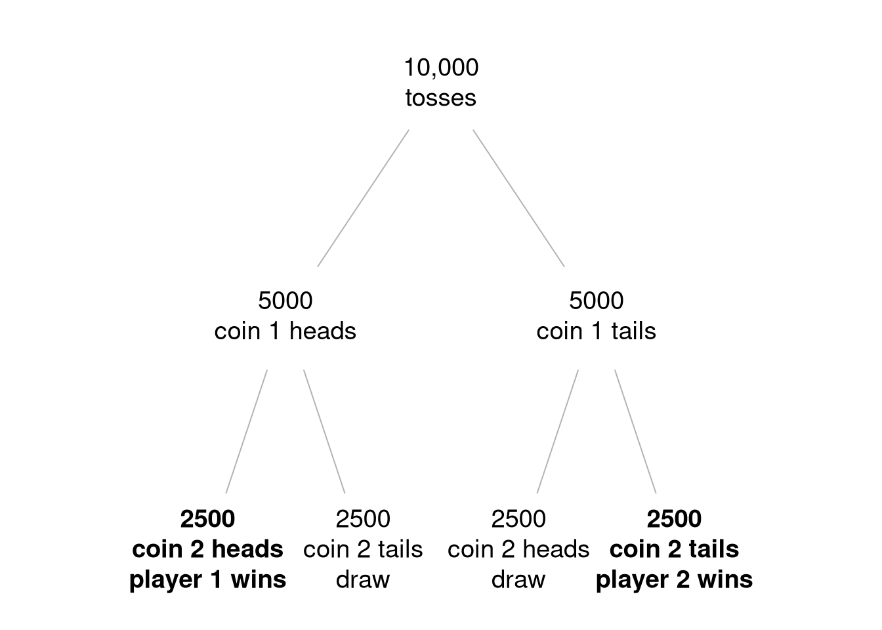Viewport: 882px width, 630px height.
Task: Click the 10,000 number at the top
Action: tap(441, 67)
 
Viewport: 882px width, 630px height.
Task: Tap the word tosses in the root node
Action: tap(441, 98)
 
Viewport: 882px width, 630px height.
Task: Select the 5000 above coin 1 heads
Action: tap(285, 301)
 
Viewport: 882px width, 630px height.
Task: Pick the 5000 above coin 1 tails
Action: tap(597, 301)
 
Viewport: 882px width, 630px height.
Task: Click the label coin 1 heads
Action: tap(285, 331)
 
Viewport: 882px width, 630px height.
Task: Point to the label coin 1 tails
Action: tap(597, 331)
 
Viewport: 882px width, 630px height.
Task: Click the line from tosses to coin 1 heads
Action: tap(363, 198)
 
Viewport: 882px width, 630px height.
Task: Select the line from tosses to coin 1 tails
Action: tap(518, 198)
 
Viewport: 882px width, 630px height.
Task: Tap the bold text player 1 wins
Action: tap(207, 579)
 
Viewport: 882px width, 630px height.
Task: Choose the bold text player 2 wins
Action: tap(674, 579)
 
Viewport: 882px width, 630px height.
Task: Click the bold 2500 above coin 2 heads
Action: tap(207, 519)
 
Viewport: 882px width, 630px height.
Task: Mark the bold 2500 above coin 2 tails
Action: tap(674, 519)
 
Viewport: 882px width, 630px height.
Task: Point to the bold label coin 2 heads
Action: tap(207, 549)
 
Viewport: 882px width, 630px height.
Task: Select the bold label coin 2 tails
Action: tap(674, 549)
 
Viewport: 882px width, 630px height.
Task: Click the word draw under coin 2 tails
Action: tap(363, 579)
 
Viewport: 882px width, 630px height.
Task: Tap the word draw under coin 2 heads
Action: tap(518, 579)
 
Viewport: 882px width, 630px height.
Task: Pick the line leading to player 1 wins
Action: tap(247, 431)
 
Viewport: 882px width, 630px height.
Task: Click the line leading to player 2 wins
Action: tap(635, 431)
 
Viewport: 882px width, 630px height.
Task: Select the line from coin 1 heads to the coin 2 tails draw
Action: tap(324, 431)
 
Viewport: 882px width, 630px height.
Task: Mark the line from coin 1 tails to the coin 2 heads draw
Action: tap(558, 431)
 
